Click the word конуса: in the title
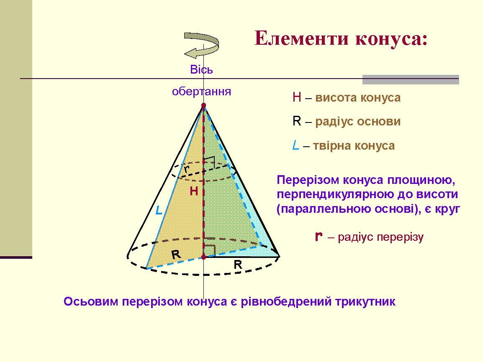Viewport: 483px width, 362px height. tap(391, 39)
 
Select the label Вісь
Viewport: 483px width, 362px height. tap(201, 69)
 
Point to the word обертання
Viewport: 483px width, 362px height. tap(201, 92)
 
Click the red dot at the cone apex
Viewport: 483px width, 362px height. tap(203, 105)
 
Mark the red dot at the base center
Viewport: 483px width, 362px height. tap(203, 257)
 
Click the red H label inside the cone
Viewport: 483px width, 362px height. tap(194, 191)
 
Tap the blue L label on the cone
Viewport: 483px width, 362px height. tap(159, 210)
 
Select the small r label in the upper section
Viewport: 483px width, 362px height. tap(186, 169)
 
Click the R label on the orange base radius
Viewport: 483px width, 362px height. tap(176, 254)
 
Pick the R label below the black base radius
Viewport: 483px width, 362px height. tap(238, 265)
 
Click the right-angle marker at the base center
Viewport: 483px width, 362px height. tap(209, 251)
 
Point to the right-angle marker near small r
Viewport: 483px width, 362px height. tap(209, 162)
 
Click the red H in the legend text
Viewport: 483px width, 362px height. tap(297, 97)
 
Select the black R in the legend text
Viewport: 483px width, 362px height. tap(297, 121)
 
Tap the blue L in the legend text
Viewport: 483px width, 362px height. tap(296, 145)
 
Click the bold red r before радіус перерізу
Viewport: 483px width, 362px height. tap(319, 237)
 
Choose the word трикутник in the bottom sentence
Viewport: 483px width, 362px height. tap(365, 302)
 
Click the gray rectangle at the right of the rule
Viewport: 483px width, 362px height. tap(411, 79)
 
